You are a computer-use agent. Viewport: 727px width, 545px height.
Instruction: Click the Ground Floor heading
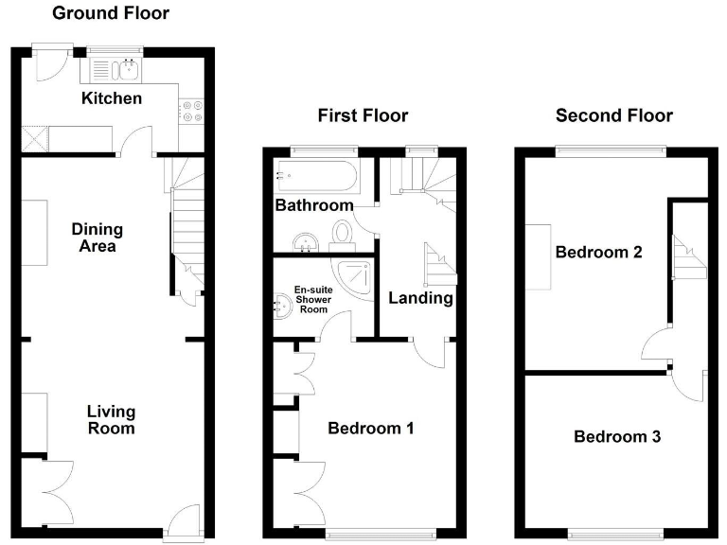[111, 13]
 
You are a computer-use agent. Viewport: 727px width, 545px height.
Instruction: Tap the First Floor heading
[363, 115]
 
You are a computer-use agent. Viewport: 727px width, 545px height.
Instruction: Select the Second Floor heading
[613, 115]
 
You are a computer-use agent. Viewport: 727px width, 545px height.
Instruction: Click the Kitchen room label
[112, 98]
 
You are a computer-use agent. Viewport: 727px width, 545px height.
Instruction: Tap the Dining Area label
[98, 237]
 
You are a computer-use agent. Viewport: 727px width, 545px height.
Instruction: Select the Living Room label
[111, 419]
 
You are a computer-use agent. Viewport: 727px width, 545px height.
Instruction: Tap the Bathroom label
[314, 205]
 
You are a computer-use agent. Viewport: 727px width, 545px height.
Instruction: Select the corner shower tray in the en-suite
[358, 277]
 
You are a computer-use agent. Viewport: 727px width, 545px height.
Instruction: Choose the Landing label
[421, 298]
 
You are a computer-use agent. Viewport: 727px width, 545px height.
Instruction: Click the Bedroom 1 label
[370, 429]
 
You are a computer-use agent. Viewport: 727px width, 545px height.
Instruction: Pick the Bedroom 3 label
[617, 437]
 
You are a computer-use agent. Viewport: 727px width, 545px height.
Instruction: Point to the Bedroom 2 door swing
[655, 345]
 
